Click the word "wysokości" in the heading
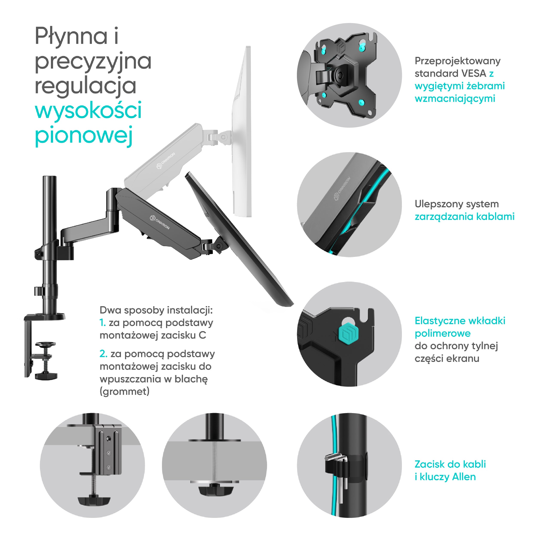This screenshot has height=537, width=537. (x=88, y=111)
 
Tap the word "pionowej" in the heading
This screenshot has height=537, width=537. (x=83, y=135)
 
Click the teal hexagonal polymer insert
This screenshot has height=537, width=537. (x=349, y=333)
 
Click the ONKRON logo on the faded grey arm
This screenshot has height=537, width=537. (x=166, y=161)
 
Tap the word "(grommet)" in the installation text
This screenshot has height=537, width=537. (x=125, y=391)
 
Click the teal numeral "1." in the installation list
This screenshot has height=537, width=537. (x=102, y=323)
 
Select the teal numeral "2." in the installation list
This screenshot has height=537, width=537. (x=103, y=354)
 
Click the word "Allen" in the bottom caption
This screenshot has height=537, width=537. (x=464, y=477)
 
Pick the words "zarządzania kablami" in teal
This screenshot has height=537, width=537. (x=464, y=217)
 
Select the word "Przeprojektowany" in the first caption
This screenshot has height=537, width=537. (x=458, y=61)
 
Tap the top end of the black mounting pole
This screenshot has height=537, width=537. (x=49, y=177)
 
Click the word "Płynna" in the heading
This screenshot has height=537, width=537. (x=71, y=37)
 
